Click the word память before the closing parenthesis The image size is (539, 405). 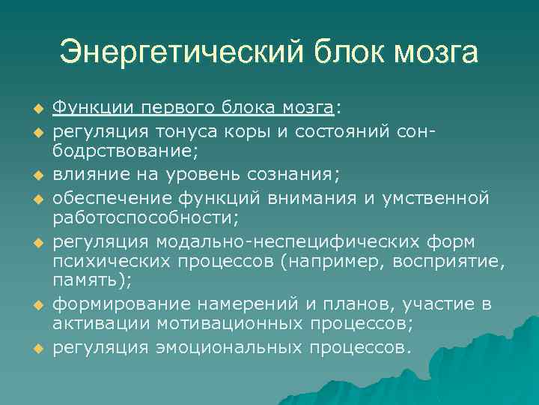(x=80, y=283)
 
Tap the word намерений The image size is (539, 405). (x=243, y=304)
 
